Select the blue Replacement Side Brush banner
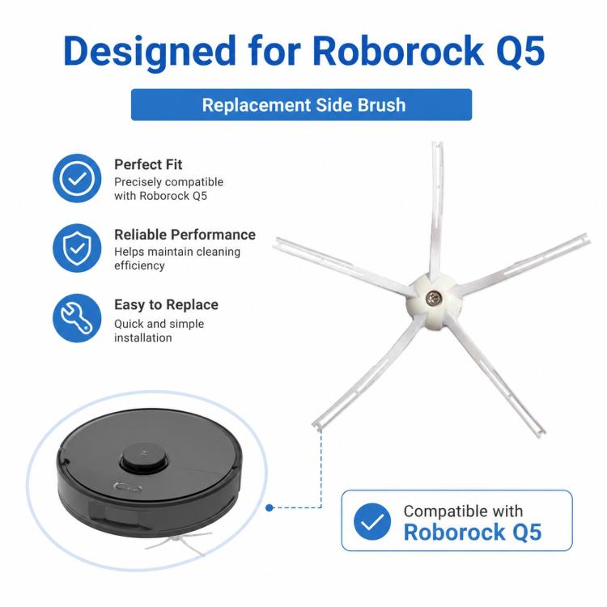[301, 104]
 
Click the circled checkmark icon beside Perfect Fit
[77, 178]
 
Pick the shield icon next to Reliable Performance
[77, 248]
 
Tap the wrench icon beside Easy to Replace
[77, 318]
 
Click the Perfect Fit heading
[148, 164]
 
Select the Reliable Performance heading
[185, 235]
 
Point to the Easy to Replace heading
[166, 305]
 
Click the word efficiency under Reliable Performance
[139, 265]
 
